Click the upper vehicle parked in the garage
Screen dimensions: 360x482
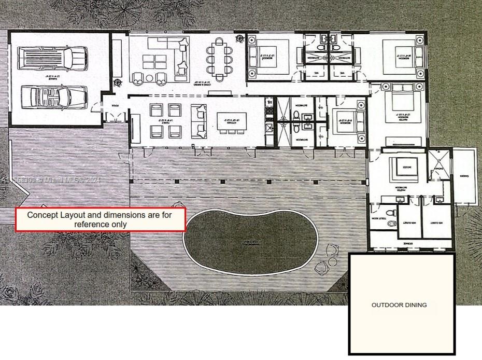coord(52,57)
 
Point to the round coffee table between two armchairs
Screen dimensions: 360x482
coord(149,79)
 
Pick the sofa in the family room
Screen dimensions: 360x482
coord(199,121)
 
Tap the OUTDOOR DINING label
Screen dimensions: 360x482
coord(399,305)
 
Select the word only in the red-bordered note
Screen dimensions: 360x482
coord(118,224)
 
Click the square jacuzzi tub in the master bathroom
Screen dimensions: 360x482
coord(402,167)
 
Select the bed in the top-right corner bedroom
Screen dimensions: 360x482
coord(401,54)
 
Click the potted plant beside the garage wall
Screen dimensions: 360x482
coord(117,82)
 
